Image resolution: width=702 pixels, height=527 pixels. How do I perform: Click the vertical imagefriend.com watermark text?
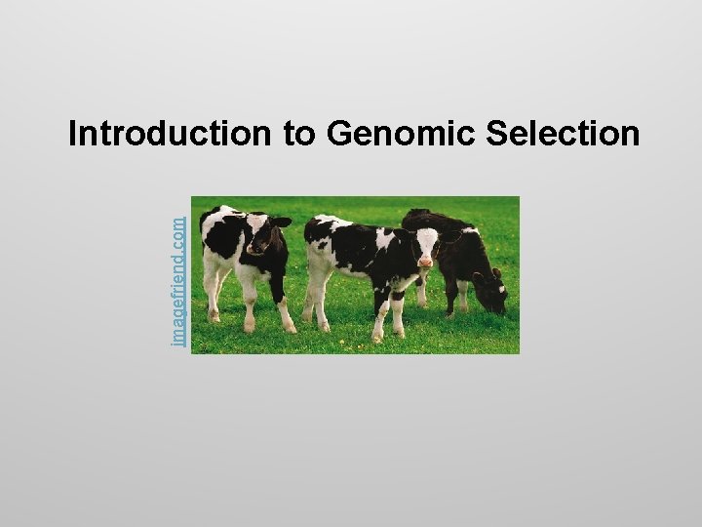pos(178,279)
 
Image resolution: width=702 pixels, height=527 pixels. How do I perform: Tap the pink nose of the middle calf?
pos(425,263)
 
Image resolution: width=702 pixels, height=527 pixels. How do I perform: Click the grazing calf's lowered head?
pos(493,294)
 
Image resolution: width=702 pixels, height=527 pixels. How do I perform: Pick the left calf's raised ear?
pos(281,223)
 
